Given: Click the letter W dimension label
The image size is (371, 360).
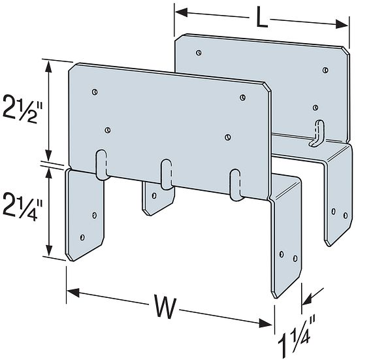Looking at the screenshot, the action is pos(166,306).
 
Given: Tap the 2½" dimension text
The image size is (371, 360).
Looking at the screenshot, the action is pos(22,108).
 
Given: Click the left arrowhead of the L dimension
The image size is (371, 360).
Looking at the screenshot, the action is pos(181,12).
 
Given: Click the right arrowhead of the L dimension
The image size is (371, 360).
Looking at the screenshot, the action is pos(342,24).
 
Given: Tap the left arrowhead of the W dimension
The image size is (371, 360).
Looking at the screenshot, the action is pos(73,293).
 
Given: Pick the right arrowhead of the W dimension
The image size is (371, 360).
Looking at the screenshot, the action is pos(266,323).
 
